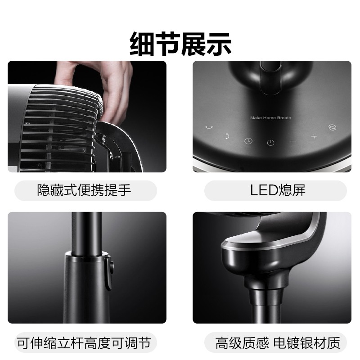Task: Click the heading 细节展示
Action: point(180,44)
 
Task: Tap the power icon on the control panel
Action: point(271,143)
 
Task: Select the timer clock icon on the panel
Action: point(248,141)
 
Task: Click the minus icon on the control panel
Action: point(293,141)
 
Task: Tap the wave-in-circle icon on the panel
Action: point(333,127)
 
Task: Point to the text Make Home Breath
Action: point(270,118)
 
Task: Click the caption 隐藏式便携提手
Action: point(84,190)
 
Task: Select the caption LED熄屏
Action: point(278,190)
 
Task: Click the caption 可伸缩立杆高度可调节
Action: point(84,343)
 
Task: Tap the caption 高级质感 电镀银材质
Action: point(278,343)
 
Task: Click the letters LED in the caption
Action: point(264,190)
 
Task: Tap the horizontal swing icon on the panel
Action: point(209,127)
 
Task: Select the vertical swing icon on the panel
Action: point(227,136)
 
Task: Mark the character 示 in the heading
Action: point(219,44)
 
